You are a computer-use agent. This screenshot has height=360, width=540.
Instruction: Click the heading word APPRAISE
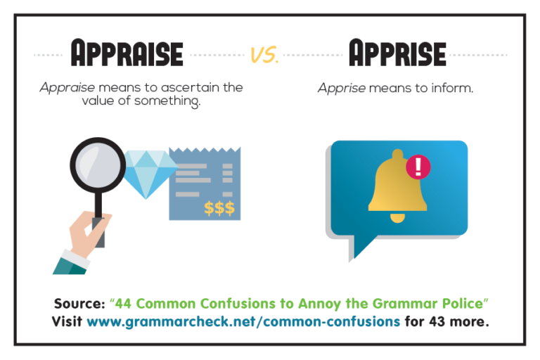(127, 54)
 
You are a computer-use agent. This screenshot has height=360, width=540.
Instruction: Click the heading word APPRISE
(397, 54)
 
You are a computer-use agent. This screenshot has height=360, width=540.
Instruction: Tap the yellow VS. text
(264, 56)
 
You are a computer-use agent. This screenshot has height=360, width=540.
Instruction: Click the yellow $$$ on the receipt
(219, 207)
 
